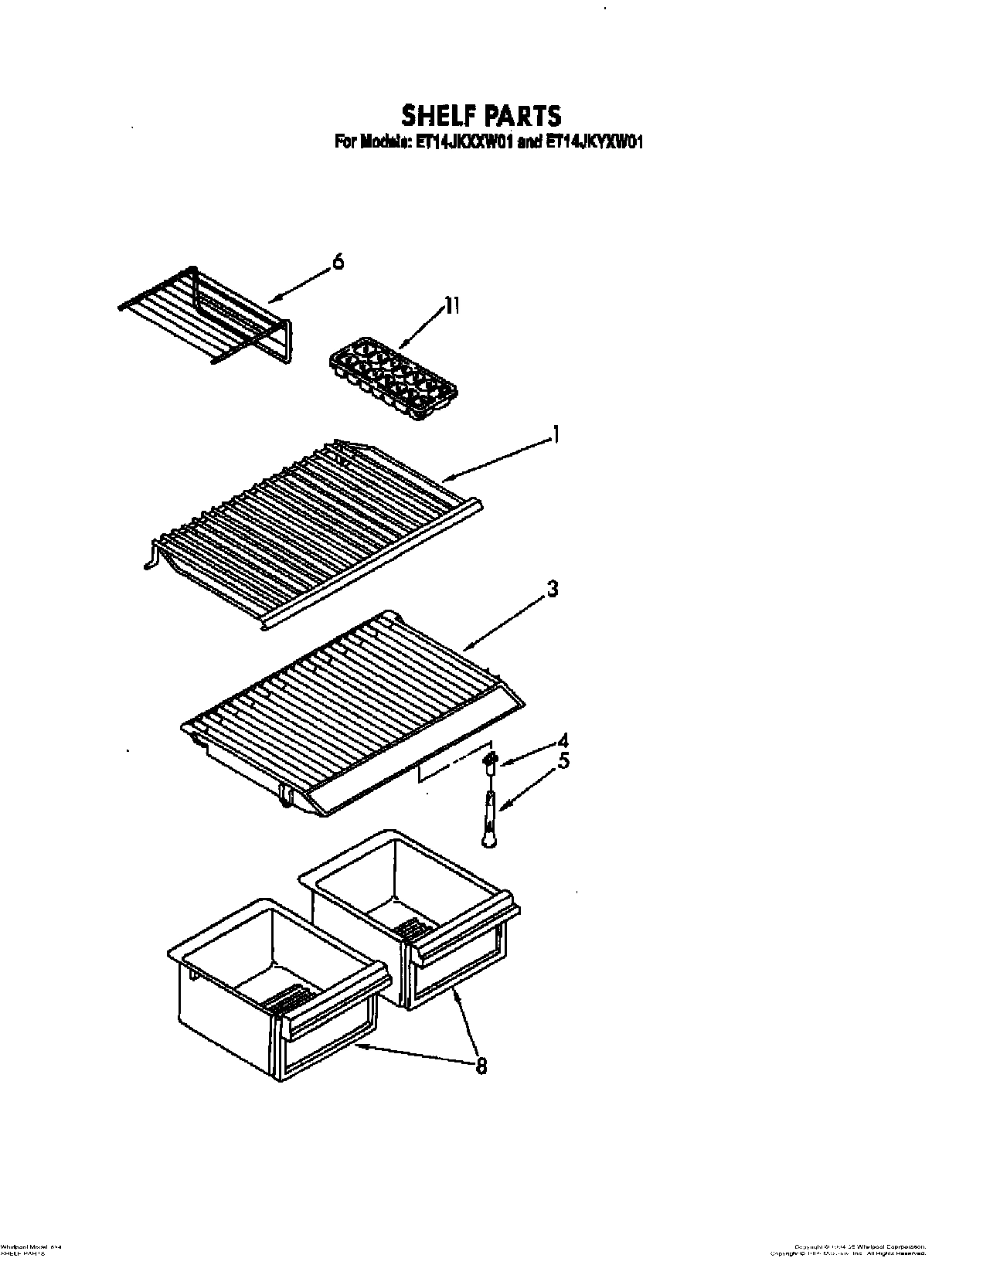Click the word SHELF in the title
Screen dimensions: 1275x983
click(436, 115)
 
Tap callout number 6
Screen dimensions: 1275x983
click(338, 262)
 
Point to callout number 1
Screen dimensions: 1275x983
click(553, 437)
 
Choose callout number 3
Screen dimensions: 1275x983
click(552, 589)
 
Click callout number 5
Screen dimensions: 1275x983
click(563, 761)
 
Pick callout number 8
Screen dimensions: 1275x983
click(481, 1066)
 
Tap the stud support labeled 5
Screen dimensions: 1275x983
click(490, 819)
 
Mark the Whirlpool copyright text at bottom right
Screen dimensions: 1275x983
click(860, 1246)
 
